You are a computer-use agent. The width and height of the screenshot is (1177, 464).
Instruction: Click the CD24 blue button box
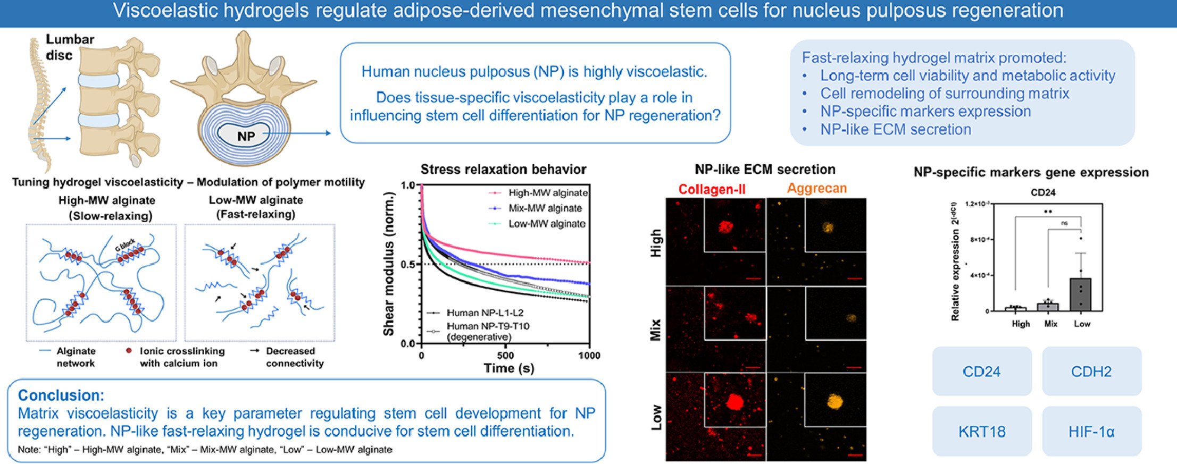pos(981,372)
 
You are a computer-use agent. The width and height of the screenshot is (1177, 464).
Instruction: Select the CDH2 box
pos(1091,372)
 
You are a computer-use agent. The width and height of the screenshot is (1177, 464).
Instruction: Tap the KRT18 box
pos(981,431)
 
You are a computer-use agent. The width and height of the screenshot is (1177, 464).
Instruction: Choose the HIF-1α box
pos(1091,431)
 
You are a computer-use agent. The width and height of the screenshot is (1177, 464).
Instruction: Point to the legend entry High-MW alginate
pos(547,193)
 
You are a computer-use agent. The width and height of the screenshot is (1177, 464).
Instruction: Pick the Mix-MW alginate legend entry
pos(545,208)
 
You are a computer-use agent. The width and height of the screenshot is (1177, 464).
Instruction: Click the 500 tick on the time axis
pos(505,356)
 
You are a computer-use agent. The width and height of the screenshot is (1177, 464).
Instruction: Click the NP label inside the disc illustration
pos(246,137)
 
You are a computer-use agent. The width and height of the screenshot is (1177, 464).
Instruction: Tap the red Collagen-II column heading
pos(712,189)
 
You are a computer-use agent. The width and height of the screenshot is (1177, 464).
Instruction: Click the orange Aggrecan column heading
pos(816,188)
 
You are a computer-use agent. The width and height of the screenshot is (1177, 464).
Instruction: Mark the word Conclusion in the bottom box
pos(61,395)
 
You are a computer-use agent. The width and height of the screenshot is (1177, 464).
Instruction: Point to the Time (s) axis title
pos(508,368)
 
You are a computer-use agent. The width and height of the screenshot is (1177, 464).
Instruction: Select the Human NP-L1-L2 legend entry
pos(485,313)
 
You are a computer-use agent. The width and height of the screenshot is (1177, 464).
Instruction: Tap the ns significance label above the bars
pos(1064,223)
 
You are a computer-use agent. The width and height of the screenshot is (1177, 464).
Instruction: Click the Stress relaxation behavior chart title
pos(503,170)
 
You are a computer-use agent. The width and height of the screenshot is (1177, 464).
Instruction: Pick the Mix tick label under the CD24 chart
pos(1050,324)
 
